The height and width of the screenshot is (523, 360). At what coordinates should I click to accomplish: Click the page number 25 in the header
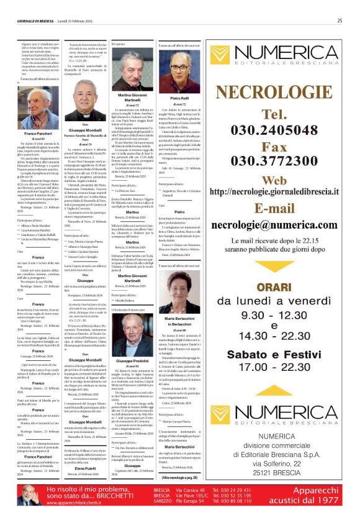(340, 20)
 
